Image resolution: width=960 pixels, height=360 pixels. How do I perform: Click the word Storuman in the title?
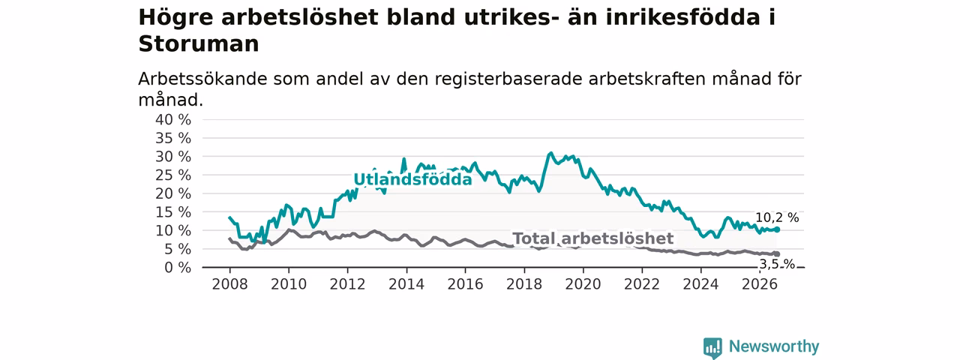point(199,44)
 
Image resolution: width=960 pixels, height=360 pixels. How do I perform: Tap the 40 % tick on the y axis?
point(173,120)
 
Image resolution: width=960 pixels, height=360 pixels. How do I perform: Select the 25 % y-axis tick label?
point(173,175)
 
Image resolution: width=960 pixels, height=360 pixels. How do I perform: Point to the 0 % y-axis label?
point(178,268)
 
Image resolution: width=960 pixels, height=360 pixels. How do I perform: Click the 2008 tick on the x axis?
point(229,284)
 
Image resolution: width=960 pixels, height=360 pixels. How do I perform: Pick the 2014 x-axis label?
point(406,284)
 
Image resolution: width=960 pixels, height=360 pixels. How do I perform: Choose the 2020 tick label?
point(583,284)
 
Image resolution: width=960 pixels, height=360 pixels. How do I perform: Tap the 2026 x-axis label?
point(760,284)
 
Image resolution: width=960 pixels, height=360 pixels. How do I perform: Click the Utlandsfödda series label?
point(412,179)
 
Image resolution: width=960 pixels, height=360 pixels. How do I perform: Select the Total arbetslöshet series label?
point(593,238)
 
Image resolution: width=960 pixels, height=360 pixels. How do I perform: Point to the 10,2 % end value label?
point(777,217)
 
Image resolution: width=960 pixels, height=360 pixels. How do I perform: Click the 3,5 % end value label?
point(778,265)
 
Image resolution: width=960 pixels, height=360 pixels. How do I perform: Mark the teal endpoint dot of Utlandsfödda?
point(777,229)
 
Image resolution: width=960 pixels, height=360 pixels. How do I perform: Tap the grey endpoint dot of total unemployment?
point(777,254)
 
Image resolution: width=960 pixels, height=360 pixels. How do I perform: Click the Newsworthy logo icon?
point(712,347)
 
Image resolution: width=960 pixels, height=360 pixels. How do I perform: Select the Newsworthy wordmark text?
point(774,346)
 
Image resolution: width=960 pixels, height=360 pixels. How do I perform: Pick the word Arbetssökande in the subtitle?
point(202,79)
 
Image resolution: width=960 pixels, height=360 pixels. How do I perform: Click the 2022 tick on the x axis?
point(641,284)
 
